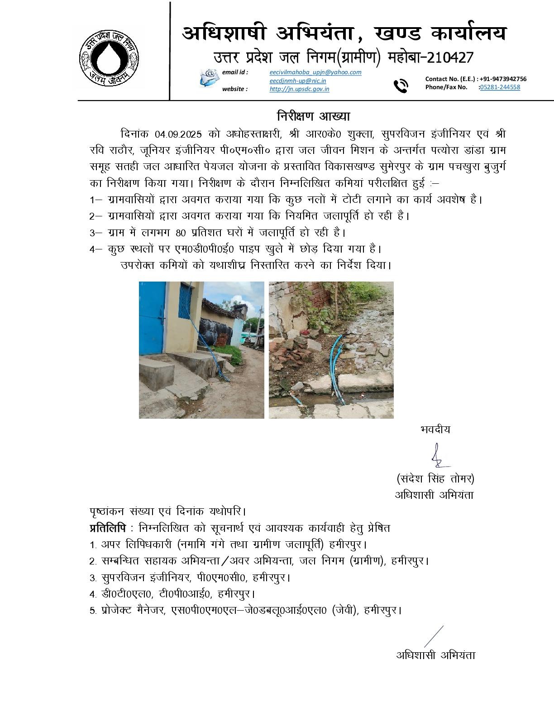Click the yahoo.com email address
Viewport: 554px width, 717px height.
[x=315, y=72]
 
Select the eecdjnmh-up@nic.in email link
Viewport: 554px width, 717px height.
[x=297, y=81]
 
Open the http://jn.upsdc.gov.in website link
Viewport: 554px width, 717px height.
[x=299, y=89]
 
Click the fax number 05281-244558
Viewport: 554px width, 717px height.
[x=500, y=87]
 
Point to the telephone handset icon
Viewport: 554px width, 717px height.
[x=400, y=85]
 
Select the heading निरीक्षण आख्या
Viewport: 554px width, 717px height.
[x=314, y=116]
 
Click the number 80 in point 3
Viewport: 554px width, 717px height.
[x=181, y=233]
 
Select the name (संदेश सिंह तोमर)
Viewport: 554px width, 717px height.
[x=435, y=478]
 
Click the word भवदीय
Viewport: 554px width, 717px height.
[x=435, y=430]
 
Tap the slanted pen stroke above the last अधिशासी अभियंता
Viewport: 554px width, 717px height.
[x=433, y=636]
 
